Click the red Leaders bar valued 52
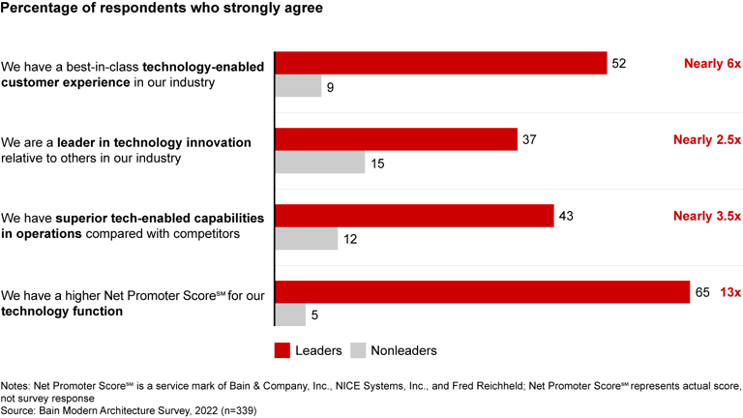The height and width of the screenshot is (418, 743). (441, 63)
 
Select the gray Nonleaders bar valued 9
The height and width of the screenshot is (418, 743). (299, 87)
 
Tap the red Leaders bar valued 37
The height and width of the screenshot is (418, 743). (397, 139)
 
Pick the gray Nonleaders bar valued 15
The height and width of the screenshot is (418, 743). (320, 164)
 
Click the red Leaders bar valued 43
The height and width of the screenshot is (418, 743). (414, 216)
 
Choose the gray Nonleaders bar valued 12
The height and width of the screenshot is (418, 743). (308, 239)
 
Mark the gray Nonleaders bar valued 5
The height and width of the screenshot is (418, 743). (291, 315)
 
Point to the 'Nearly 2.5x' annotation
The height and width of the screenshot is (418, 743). (706, 140)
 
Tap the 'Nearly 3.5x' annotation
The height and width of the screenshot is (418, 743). (706, 216)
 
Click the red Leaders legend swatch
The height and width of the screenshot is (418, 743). (283, 350)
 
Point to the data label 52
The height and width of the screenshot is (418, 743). (620, 64)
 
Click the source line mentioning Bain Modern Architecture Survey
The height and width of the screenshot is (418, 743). (128, 410)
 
